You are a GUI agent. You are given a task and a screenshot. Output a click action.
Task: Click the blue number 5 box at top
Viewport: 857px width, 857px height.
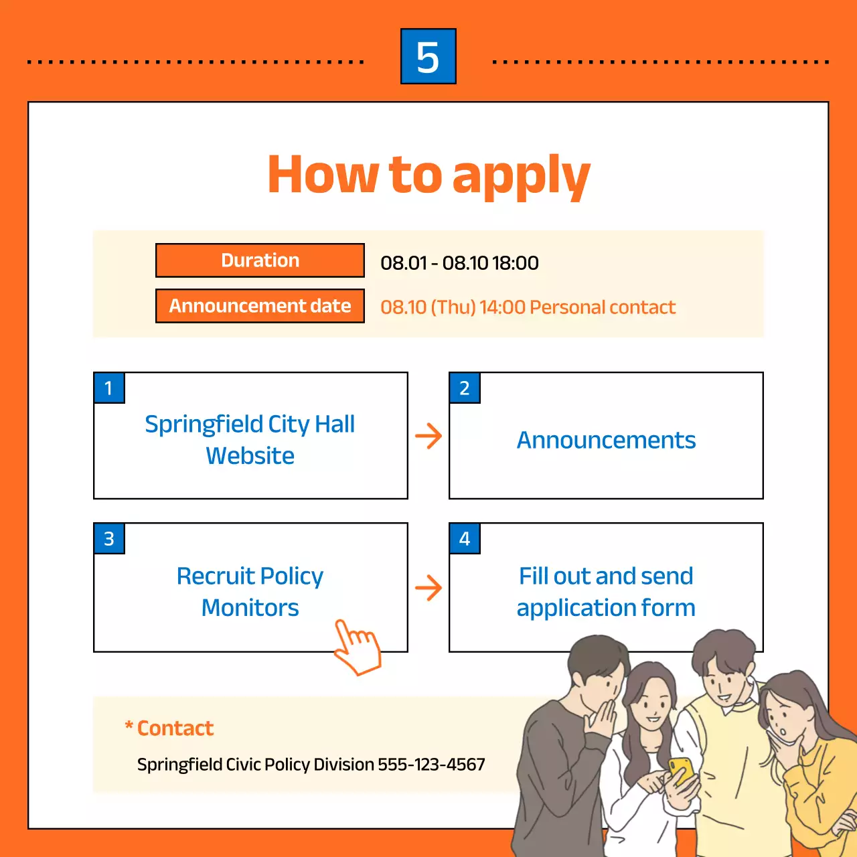(428, 56)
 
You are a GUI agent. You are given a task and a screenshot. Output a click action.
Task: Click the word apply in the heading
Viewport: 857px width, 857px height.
(521, 175)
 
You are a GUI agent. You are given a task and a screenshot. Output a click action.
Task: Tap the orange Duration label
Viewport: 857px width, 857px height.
(260, 260)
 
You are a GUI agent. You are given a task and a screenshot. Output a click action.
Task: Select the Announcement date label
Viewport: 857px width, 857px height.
(260, 306)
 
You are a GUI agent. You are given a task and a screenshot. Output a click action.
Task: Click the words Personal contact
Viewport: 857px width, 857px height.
(603, 307)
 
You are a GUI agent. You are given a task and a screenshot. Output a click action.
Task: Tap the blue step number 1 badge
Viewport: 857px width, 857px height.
(109, 388)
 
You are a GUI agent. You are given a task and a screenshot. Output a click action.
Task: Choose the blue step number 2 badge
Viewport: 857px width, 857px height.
(465, 388)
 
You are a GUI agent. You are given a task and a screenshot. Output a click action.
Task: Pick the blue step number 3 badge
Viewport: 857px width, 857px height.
(109, 539)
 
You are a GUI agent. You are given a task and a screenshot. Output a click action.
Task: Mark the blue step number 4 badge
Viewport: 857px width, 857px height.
(465, 539)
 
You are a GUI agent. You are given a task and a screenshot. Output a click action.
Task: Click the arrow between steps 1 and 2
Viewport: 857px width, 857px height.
(428, 437)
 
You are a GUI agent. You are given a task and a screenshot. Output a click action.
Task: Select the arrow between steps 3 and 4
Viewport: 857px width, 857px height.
(428, 588)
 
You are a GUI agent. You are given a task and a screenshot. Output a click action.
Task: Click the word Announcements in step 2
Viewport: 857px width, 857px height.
(606, 441)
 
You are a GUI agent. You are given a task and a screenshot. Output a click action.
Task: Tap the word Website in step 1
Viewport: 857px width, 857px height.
(250, 456)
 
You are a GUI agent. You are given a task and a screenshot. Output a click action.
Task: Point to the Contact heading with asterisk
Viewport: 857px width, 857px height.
(169, 728)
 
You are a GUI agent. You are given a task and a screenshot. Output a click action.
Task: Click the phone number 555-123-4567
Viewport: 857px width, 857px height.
(431, 765)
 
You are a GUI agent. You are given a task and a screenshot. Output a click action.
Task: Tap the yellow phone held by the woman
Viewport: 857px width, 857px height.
(682, 770)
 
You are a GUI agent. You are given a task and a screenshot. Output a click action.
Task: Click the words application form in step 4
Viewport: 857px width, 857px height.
(606, 608)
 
